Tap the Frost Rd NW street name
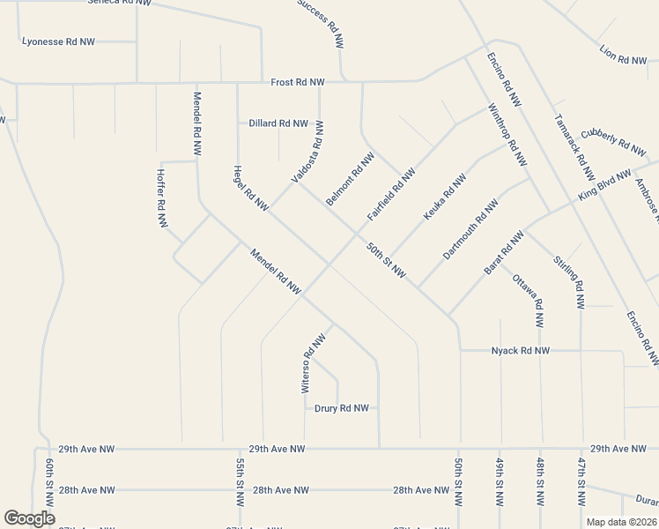(298, 82)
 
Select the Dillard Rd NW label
(278, 123)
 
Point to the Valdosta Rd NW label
(307, 153)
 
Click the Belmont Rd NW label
(350, 179)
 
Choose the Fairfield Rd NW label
(391, 194)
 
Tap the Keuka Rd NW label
(444, 197)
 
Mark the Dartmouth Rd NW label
(470, 228)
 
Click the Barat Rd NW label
(504, 252)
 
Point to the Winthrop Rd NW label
(507, 135)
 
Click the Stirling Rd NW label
(568, 281)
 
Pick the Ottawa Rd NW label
(529, 302)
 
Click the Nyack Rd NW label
(520, 351)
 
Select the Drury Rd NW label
(341, 408)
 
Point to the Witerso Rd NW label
(307, 362)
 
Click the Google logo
(29, 518)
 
